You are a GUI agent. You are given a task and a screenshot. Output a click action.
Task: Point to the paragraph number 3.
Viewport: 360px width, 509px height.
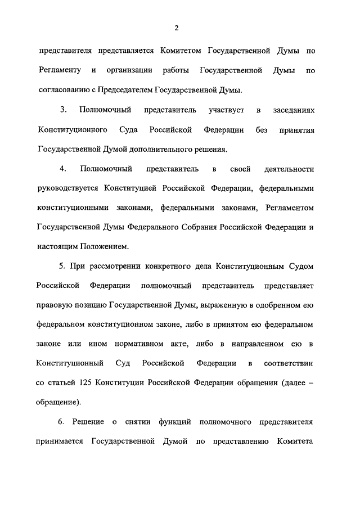pyautogui.click(x=64, y=110)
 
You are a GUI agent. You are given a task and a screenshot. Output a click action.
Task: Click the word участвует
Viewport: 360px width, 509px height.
pyautogui.click(x=227, y=110)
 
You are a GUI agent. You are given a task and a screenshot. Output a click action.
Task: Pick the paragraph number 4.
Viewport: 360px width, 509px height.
pyautogui.click(x=64, y=169)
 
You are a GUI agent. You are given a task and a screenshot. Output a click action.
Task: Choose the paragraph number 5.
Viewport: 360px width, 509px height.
pyautogui.click(x=62, y=266)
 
